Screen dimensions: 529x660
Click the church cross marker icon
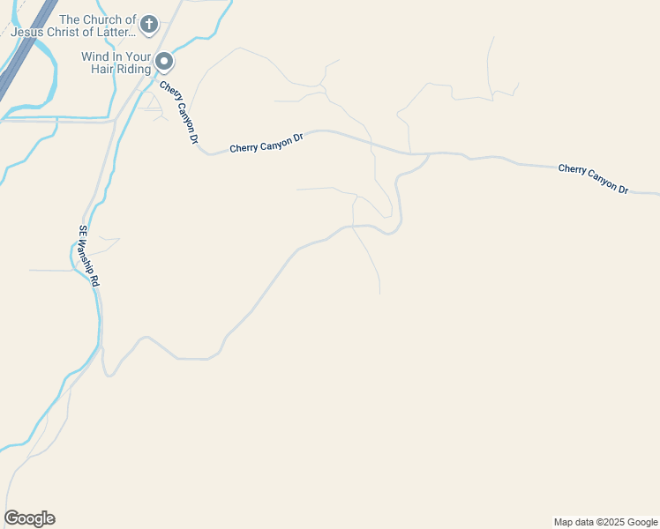point(149,24)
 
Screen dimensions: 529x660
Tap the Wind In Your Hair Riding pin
point(164,61)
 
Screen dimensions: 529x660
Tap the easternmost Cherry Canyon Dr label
point(593,178)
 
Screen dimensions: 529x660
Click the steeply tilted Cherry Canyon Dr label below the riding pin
point(180,113)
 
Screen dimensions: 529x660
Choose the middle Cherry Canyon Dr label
point(266,143)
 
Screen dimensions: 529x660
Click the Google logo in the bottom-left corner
point(29,518)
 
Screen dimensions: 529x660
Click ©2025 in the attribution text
point(610,522)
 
